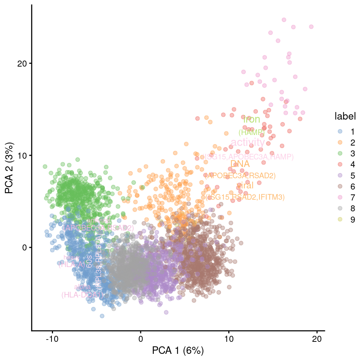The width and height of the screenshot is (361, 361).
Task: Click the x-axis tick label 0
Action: click(x=140, y=338)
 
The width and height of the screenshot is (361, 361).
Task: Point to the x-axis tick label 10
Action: click(x=229, y=338)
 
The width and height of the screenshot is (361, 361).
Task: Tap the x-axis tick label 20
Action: click(x=317, y=338)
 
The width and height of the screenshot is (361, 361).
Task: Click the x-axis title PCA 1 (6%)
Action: click(x=178, y=351)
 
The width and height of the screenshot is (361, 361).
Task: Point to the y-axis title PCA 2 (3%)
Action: click(x=10, y=168)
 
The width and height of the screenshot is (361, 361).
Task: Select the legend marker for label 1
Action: click(x=340, y=132)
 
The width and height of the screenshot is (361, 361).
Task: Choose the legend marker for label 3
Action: click(x=340, y=153)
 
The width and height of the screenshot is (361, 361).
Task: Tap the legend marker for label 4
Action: click(x=340, y=164)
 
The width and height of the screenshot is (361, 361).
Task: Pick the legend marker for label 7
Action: click(x=340, y=197)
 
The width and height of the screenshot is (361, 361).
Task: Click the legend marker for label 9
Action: click(x=340, y=220)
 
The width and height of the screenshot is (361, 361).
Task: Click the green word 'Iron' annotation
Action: click(x=252, y=120)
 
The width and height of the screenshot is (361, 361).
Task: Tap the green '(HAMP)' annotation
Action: click(x=252, y=132)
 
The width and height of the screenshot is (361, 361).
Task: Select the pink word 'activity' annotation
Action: click(x=248, y=143)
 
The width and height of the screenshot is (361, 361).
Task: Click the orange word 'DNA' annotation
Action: click(x=240, y=164)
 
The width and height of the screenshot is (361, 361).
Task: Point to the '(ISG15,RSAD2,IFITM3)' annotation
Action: click(x=245, y=197)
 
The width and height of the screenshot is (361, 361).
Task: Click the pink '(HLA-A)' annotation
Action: click(x=71, y=264)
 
